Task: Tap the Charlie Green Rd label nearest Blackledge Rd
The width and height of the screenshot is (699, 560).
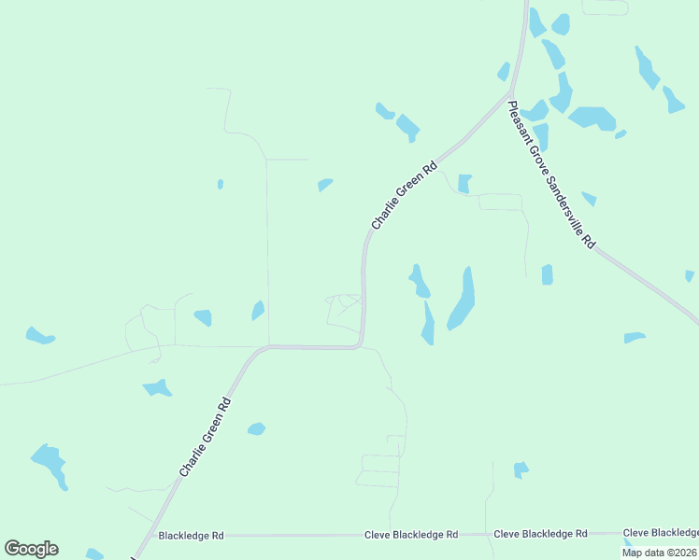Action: point(205,439)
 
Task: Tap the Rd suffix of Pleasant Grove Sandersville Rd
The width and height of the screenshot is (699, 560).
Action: point(588,241)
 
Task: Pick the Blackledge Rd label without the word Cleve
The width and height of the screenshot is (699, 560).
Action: point(192,536)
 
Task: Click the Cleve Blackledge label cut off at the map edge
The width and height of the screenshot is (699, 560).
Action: point(661,532)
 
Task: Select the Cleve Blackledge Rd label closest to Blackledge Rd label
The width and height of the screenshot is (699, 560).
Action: point(411,535)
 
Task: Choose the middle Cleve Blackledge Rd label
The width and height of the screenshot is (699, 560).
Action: point(540,534)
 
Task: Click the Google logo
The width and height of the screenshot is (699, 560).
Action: point(31,549)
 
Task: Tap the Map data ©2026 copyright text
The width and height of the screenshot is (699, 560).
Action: point(660,553)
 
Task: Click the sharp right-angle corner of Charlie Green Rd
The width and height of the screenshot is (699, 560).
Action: point(360,345)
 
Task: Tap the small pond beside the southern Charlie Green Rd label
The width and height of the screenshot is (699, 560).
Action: point(256,429)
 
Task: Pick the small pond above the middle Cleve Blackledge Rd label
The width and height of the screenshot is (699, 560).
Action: point(521,469)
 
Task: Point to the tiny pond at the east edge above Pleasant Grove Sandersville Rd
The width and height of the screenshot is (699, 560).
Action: point(690,275)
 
